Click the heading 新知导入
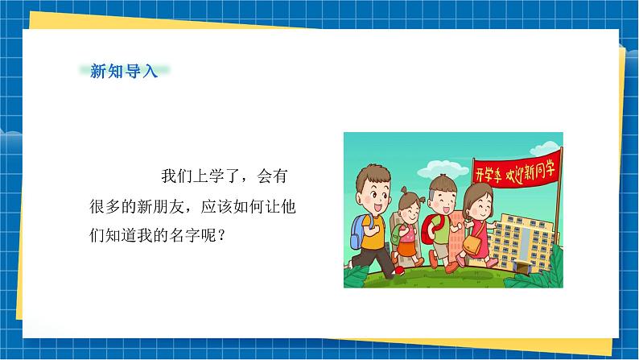124,71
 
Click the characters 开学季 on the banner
489,174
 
